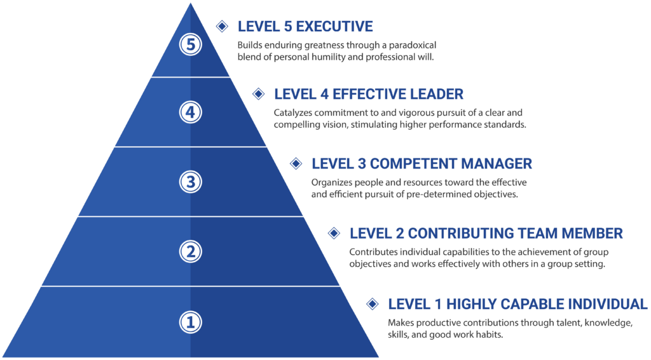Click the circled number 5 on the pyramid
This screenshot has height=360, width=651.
click(190, 45)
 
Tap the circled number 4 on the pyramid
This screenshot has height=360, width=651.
click(190, 113)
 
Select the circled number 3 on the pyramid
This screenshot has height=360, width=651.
click(190, 182)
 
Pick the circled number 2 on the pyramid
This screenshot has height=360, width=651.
click(190, 251)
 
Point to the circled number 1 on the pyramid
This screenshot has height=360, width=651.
click(190, 322)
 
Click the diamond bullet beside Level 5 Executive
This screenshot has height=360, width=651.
click(221, 26)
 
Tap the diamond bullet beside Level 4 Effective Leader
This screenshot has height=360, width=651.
click(258, 94)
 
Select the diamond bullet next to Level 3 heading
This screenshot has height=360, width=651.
click(296, 163)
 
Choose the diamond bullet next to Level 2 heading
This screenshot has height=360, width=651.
click(334, 233)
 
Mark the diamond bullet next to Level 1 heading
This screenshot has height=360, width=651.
click(372, 303)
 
